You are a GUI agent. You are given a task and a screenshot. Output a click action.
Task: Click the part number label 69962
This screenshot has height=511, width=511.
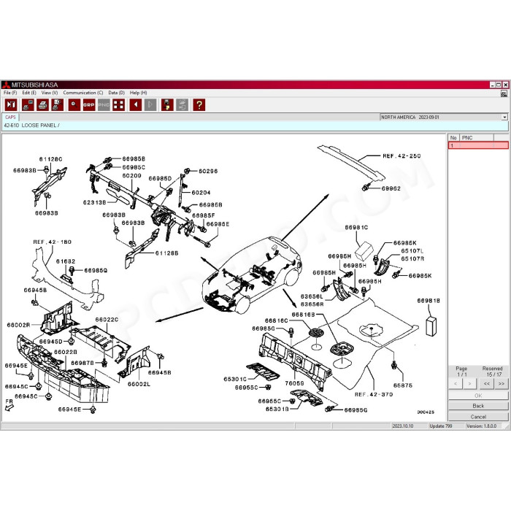point(391,188)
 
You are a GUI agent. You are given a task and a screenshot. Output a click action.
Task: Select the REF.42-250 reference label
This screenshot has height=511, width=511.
point(401,155)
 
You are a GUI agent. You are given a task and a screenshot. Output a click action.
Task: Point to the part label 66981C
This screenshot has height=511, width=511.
point(356,228)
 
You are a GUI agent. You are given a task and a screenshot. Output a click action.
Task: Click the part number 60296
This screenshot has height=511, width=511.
point(207,171)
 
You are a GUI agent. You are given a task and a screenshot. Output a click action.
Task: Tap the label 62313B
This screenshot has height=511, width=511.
point(94,201)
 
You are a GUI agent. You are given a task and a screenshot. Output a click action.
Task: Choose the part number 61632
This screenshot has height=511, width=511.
point(66,261)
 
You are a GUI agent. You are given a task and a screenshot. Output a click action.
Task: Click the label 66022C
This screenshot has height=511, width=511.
point(107,319)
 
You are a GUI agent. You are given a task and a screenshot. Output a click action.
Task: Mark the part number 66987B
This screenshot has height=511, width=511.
point(82,362)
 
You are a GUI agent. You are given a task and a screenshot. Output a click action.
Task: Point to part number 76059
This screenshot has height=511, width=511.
point(294,383)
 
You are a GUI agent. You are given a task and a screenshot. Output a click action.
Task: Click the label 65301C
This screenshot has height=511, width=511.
point(234,379)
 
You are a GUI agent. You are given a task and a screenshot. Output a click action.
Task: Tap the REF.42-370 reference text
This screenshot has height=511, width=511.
point(374,394)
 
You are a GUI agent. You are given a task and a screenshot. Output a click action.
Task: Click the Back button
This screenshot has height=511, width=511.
point(478,405)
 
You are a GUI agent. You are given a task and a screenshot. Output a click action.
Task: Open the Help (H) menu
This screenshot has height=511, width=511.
point(139,93)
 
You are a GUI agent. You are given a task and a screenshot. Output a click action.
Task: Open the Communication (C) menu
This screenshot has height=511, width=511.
point(82,93)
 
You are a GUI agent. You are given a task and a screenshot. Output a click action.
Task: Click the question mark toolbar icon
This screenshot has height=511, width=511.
point(199,105)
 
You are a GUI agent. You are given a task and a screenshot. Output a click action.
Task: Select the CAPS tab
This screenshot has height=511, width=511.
point(10,117)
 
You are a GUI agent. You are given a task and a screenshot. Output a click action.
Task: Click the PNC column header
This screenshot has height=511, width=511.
point(467,137)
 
